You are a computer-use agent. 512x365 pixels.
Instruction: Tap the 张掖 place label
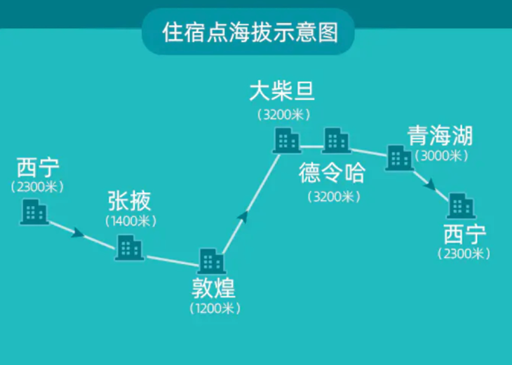[x=129, y=201]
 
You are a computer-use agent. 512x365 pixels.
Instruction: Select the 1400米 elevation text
[x=130, y=221]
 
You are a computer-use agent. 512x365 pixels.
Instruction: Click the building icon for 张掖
[x=129, y=247]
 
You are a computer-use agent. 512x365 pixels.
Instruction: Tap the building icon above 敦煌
[x=211, y=261]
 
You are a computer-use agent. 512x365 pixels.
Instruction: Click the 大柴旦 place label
[x=283, y=92]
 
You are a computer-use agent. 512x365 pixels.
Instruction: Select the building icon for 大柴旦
[x=286, y=141]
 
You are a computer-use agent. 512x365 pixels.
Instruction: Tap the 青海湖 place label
[x=440, y=135]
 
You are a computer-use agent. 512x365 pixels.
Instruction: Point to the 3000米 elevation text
[x=440, y=156]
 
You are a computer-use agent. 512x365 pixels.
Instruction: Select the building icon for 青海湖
[x=400, y=158]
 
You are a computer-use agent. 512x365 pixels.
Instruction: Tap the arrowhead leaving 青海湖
[x=430, y=185]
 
